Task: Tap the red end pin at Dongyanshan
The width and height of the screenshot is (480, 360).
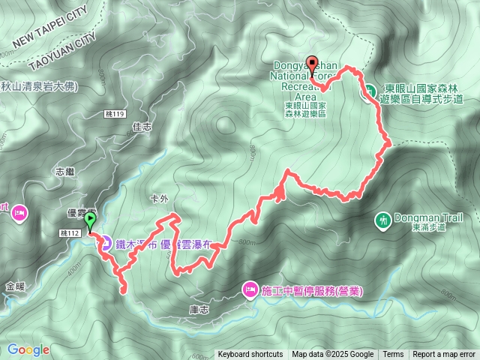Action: coord(313,66)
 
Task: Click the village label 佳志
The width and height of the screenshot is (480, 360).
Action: coord(141,127)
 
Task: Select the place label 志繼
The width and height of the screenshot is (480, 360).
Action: coord(65,172)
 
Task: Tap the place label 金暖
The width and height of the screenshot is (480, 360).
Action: coord(15,286)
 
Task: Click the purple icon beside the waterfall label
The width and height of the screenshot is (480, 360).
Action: coord(106,243)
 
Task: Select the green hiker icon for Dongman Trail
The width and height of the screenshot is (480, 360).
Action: coord(383,220)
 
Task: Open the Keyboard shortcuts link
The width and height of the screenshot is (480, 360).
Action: coord(250,355)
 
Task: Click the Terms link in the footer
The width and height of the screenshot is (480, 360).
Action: coord(393,355)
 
